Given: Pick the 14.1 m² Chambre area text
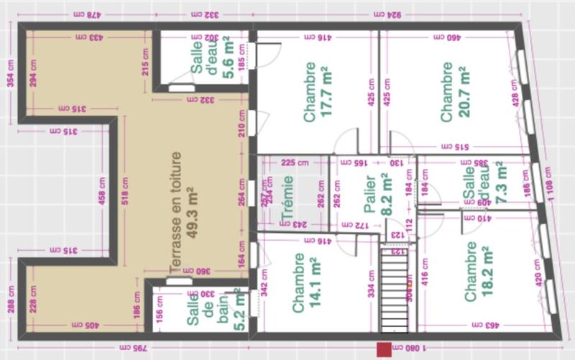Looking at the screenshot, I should pos(315,285).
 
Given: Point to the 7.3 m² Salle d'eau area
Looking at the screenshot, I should pos(496,183).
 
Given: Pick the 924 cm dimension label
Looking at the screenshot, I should pos(395,14).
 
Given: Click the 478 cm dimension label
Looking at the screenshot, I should pos(86,14).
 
